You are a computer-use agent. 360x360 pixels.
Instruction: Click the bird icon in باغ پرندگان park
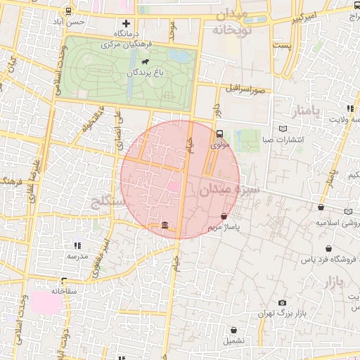click(143, 62)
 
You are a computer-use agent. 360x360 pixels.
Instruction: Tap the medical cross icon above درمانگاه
click(127, 24)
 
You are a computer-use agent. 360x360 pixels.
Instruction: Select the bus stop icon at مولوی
click(220, 134)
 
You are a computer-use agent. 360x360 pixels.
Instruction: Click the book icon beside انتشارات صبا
click(283, 129)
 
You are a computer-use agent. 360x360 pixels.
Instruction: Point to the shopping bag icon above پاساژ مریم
click(224, 216)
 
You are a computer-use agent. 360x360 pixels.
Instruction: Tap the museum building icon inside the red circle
click(165, 225)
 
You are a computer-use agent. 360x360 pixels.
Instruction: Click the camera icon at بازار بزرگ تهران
click(282, 302)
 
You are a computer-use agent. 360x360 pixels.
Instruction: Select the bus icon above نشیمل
click(235, 329)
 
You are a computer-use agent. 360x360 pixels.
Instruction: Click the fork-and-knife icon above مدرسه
click(77, 245)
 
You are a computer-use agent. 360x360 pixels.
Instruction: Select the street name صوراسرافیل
click(246, 89)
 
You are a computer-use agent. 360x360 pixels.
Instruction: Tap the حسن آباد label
click(72, 22)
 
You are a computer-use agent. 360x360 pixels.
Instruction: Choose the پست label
click(282, 45)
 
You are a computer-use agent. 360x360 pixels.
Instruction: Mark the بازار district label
click(336, 283)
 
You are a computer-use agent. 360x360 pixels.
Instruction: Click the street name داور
click(217, 110)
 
